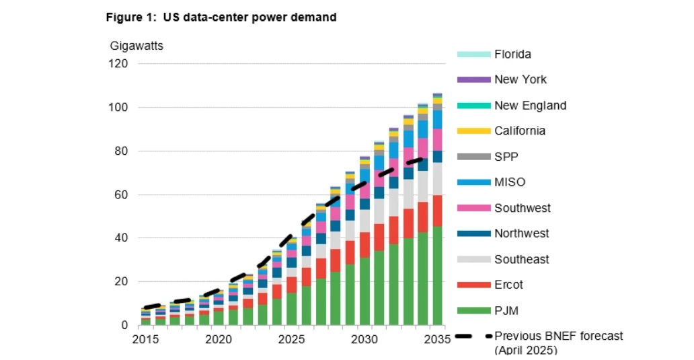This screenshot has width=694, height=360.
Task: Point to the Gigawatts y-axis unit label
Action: click(x=137, y=46)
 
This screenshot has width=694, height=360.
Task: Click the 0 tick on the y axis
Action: click(x=125, y=326)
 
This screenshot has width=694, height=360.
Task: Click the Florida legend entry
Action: click(x=512, y=55)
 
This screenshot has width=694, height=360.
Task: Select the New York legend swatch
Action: click(x=473, y=79)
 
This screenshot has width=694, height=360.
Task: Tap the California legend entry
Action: click(x=519, y=131)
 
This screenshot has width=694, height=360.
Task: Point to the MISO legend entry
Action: click(x=510, y=182)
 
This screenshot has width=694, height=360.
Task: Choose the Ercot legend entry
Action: click(x=509, y=285)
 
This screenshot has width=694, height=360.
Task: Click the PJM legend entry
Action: click(x=506, y=310)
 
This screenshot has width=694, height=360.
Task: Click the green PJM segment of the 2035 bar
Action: click(x=437, y=276)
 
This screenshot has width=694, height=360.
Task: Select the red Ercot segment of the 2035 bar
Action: click(x=437, y=211)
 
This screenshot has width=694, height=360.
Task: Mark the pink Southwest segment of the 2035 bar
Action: click(x=437, y=139)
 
